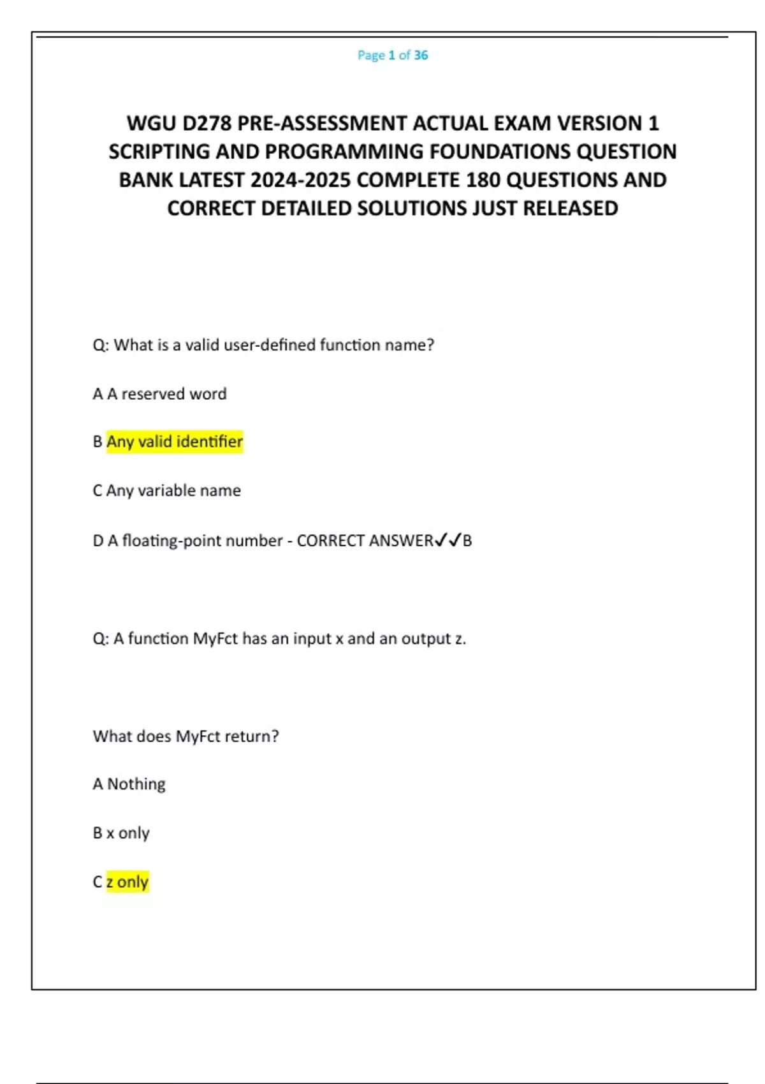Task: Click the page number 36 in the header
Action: (421, 55)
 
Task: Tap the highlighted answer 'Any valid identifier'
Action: (175, 442)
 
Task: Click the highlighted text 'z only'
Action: (127, 882)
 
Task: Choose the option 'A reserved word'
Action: (166, 394)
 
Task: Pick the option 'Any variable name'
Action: (173, 491)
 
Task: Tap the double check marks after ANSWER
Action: (448, 541)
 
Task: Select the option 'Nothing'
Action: (136, 784)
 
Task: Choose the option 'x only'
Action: (127, 833)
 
